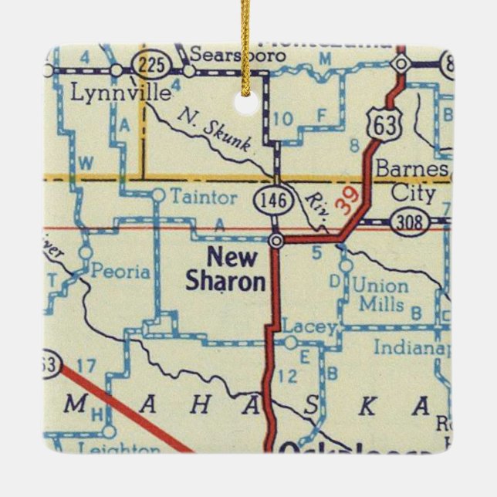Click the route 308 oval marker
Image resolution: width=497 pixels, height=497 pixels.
(407, 222)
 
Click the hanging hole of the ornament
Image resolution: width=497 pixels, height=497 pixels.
(247, 102)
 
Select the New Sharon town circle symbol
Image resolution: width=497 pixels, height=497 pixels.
(276, 242)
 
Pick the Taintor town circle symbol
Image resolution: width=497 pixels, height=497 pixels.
(157, 195)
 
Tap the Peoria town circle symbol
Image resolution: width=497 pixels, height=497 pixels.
(86, 252)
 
